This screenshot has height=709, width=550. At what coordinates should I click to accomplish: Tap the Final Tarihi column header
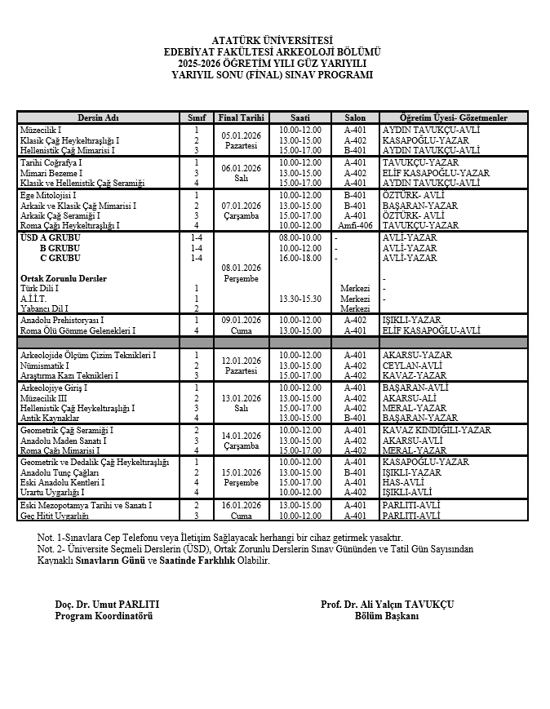[x=241, y=117]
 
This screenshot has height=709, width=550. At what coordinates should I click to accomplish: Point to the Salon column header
[x=355, y=117]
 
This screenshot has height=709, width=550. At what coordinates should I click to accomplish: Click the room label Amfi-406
[x=355, y=226]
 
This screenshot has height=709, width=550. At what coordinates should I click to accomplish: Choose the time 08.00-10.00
[x=300, y=237]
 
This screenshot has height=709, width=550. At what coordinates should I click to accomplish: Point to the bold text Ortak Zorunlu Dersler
[x=64, y=278]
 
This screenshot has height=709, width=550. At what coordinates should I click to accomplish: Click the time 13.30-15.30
[x=300, y=299]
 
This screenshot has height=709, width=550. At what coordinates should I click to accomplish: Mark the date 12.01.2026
[x=241, y=361]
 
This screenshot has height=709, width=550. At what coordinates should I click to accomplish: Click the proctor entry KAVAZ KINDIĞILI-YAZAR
[x=437, y=430]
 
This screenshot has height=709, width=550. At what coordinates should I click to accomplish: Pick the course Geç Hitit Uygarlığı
[x=54, y=516]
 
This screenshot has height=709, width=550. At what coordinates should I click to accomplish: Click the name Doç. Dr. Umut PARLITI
[x=106, y=604]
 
